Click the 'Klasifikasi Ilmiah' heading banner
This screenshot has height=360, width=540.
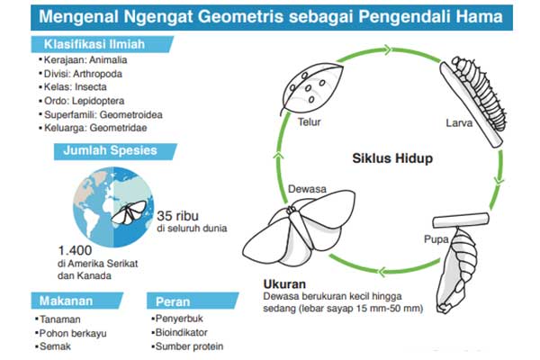tap(102, 44)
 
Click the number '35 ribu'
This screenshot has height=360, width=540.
tap(177, 216)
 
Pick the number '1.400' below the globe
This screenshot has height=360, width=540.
tap(75, 250)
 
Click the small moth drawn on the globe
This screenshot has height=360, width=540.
tap(129, 212)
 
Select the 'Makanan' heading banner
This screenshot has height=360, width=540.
tap(77, 301)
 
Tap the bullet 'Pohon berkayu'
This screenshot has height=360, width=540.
tap(70, 333)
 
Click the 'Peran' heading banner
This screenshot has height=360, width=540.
tap(193, 301)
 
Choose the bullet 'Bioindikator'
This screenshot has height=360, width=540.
tap(179, 332)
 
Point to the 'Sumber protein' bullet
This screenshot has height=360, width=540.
tap(187, 346)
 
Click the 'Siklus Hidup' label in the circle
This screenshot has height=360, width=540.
tap(392, 158)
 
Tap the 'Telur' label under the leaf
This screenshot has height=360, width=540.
tap(309, 122)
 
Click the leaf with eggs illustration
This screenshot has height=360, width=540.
tap(312, 88)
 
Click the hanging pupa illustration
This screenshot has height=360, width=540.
tap(456, 270)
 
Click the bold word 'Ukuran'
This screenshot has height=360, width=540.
tap(284, 283)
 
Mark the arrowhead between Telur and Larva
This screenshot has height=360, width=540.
tap(388, 50)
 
